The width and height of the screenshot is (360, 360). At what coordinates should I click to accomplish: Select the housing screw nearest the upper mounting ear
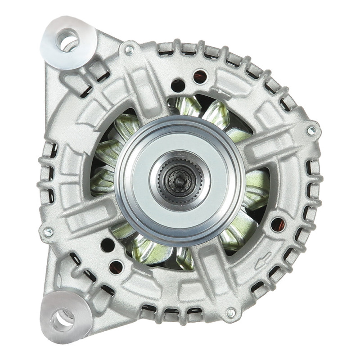point(129,49)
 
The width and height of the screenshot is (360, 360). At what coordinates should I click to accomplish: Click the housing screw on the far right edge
point(311,131)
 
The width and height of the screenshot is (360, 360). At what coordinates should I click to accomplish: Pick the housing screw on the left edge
point(48,233)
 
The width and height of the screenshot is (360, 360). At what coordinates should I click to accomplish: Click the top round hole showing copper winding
point(200,76)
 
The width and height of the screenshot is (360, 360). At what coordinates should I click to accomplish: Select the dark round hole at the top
point(178,85)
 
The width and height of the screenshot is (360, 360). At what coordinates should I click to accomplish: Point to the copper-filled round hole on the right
point(278,224)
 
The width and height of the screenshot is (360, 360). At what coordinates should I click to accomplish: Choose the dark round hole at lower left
point(108,245)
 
